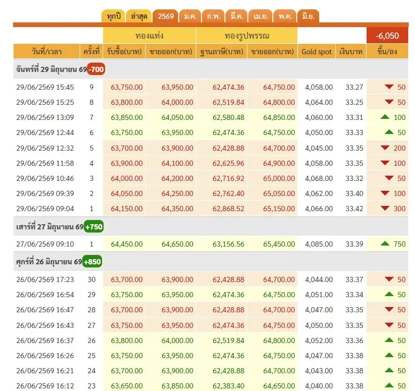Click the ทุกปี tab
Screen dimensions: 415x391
114,17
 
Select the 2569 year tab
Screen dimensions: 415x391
166,17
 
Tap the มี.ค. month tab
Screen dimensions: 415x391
237,17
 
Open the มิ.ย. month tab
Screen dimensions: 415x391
308,17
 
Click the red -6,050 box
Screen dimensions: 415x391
387,35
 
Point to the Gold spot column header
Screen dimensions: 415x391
317,52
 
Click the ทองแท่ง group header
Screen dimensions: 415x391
149,35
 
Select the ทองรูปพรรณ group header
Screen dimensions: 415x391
247,35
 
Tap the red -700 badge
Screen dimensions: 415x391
96,69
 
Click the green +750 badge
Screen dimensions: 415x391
94,227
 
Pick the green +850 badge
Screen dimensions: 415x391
92,262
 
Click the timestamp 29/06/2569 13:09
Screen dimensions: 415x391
45,117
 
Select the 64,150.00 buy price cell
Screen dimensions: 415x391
127,209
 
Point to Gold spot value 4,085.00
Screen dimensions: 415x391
319,244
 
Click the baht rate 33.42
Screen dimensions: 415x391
354,209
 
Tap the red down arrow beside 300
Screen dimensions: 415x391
385,208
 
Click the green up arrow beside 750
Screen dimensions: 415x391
385,243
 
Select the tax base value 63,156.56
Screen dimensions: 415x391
229,244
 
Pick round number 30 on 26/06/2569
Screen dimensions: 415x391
92,279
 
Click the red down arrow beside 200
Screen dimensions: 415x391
385,148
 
